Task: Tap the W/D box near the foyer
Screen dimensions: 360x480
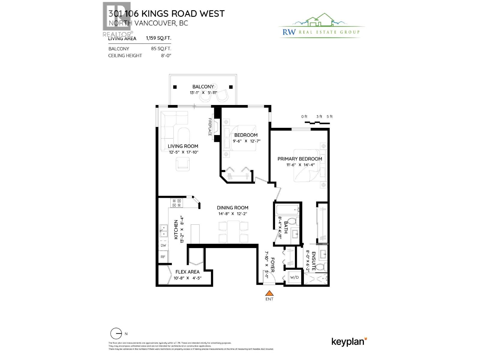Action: tap(294, 277)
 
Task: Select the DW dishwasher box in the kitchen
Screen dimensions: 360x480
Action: tap(163, 245)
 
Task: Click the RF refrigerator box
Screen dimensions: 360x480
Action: tap(163, 257)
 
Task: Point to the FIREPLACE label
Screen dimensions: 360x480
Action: tap(210, 127)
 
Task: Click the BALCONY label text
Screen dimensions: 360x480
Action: tap(203, 87)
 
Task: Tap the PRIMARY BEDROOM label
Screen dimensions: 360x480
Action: tap(299, 159)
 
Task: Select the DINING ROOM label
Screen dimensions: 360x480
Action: tap(232, 208)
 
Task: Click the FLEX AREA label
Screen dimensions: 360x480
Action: tap(187, 272)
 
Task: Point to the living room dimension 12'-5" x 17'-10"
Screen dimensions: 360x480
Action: tap(184, 152)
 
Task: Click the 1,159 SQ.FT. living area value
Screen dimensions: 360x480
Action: tap(158, 38)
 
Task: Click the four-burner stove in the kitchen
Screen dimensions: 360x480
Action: tap(176, 203)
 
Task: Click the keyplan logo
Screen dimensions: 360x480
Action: tap(349, 341)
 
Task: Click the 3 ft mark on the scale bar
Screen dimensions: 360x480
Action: tap(319, 117)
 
